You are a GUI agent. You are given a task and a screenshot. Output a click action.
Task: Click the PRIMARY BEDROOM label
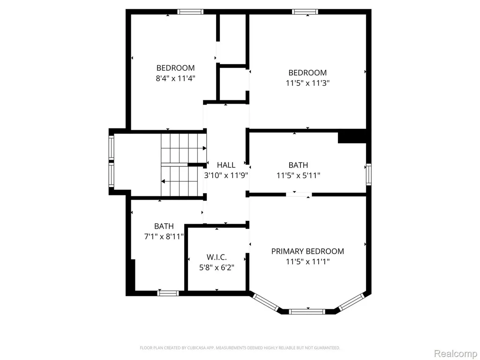click(307, 251)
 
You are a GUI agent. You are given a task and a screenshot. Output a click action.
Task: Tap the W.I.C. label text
click(217, 257)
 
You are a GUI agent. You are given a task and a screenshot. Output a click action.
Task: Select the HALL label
click(226, 165)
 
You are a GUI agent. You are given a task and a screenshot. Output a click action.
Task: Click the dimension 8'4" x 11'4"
click(175, 78)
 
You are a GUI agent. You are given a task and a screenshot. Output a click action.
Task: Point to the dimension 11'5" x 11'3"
click(307, 83)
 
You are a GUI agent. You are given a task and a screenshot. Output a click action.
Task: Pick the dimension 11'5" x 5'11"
click(299, 176)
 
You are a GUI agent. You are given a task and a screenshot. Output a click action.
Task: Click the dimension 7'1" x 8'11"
click(164, 237)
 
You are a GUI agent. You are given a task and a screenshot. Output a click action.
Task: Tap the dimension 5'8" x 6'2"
click(217, 268)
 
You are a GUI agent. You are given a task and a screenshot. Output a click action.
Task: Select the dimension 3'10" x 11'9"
click(226, 176)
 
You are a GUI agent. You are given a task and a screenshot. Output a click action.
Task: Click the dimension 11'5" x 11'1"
click(307, 262)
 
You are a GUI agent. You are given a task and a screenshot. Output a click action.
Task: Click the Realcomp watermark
click(456, 354)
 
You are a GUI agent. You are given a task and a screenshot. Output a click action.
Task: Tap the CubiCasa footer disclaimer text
click(240, 348)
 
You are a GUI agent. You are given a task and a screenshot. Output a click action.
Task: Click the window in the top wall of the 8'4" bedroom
click(190, 12)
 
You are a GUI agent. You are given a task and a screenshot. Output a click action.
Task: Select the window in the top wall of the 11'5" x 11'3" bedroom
click(305, 12)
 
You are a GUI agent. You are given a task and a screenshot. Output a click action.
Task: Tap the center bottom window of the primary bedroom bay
click(307, 312)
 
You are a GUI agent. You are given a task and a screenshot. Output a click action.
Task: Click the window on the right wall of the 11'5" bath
click(369, 174)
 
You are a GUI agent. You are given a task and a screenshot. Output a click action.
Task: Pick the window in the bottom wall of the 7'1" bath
click(168, 293)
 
